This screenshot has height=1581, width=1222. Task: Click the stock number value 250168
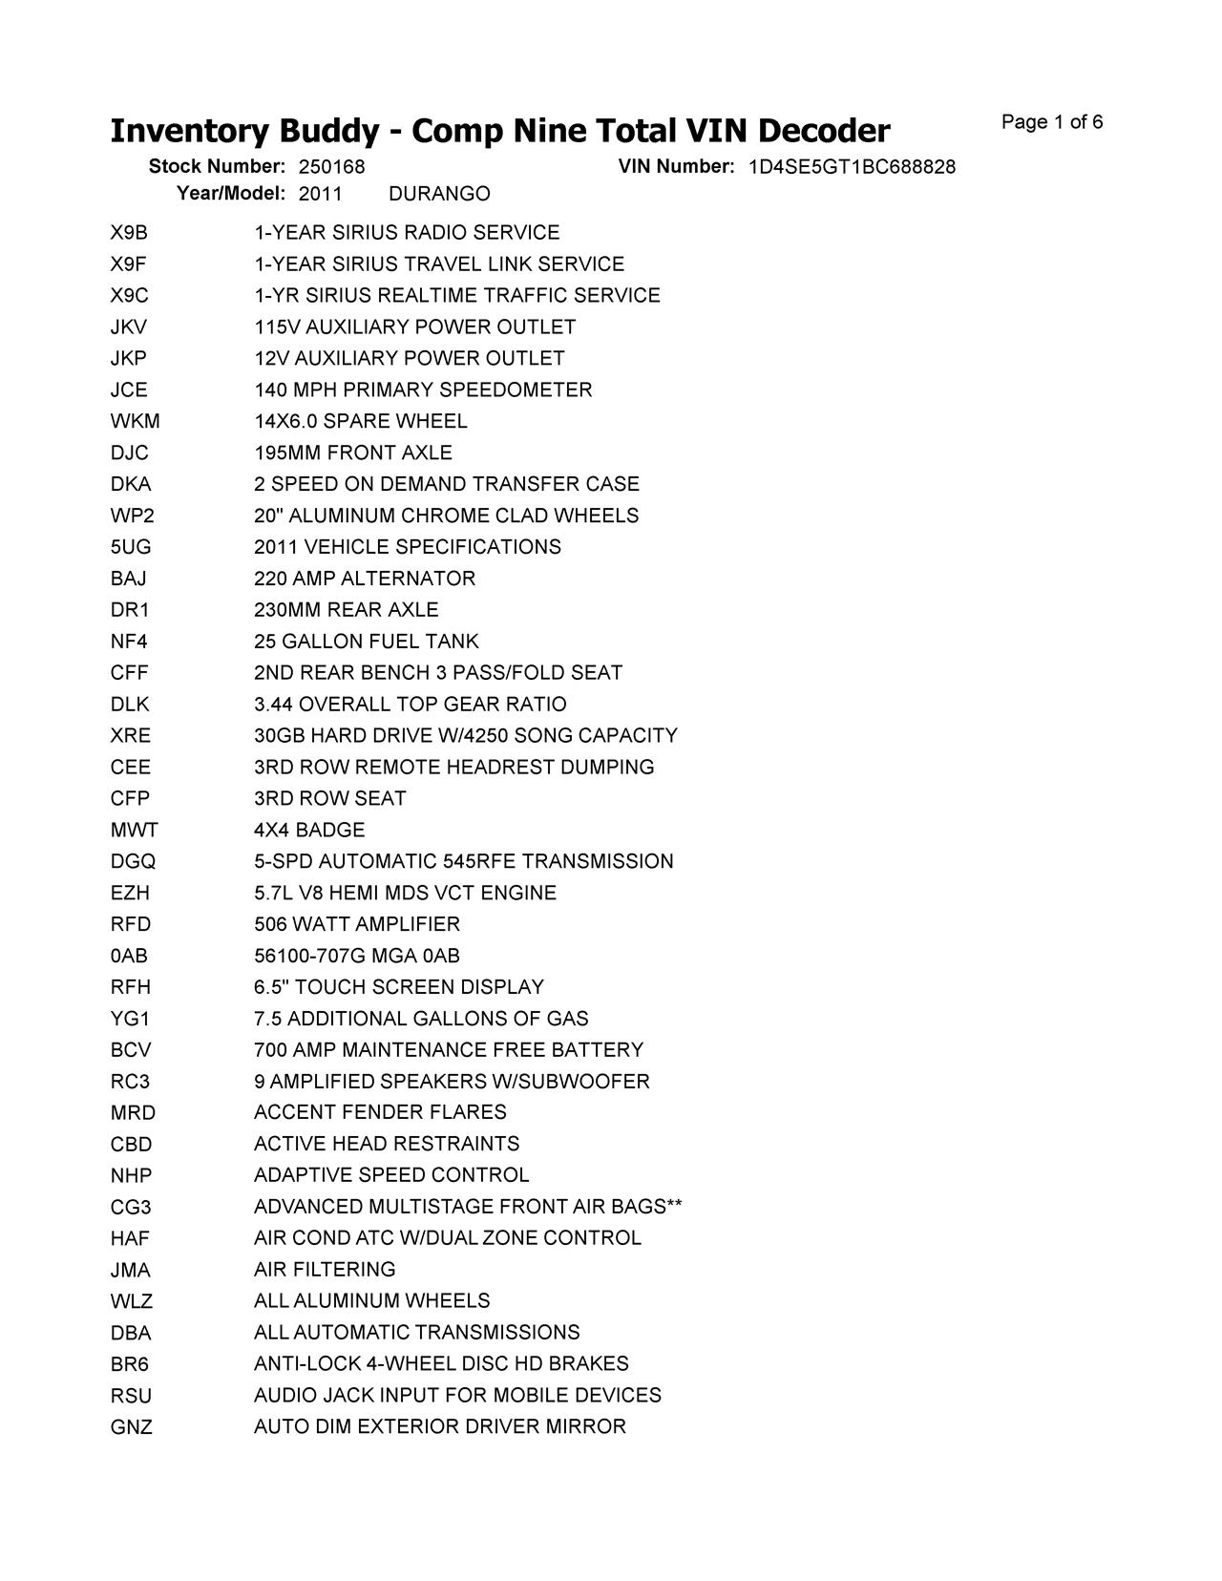coord(331,167)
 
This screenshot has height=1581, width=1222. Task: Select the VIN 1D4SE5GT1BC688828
coord(852,167)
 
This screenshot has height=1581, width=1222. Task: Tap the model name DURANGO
coord(439,195)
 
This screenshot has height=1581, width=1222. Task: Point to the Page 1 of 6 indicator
coord(1052,122)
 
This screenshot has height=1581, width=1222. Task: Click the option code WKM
coord(135,422)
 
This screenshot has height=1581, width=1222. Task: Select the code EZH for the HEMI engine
coord(130,894)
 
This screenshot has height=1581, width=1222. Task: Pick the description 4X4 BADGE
coord(309,831)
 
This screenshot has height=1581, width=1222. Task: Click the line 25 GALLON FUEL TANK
coord(366,642)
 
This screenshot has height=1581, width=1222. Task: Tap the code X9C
coord(130,296)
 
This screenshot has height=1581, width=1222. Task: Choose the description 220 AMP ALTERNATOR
coord(364,579)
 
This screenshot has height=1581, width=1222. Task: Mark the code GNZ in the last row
coord(131,1428)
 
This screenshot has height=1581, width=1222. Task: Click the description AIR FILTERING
coord(325,1270)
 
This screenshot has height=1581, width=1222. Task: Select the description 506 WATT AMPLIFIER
coord(357,924)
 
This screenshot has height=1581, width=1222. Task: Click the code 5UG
coord(131,548)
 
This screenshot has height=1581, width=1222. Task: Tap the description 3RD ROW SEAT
coord(329,799)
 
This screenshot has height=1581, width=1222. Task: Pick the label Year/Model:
coord(231,194)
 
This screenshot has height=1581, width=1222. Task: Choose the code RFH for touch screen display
coord(131,987)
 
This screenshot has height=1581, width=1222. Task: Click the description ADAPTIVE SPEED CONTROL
coord(391,1175)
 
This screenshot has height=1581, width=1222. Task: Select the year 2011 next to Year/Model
coord(320,195)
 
